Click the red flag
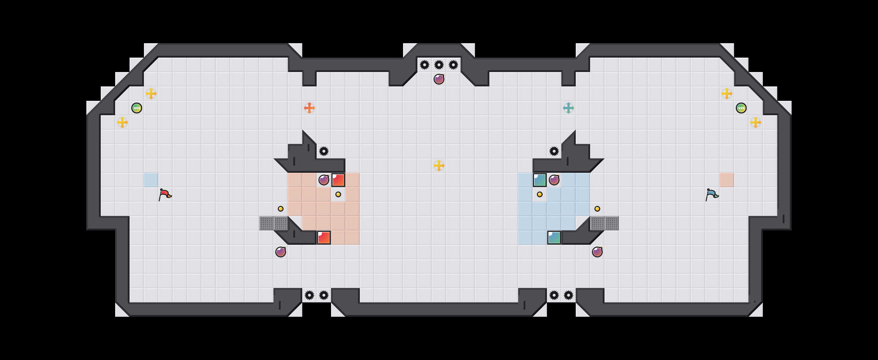165,194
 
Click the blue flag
712,194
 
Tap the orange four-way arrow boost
309,108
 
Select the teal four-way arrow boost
569,108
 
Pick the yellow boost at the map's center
439,166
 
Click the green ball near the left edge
137,108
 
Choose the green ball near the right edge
741,108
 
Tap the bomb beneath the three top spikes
439,79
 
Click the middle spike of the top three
439,65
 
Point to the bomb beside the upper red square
324,180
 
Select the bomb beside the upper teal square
554,180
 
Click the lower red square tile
324,238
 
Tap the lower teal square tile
554,238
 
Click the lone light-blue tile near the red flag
151,180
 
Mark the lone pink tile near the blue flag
727,180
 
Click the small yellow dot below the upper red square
338,194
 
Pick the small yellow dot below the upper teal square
540,194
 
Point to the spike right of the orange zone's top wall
324,151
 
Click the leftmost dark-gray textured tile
266,223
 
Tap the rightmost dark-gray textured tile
612,223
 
